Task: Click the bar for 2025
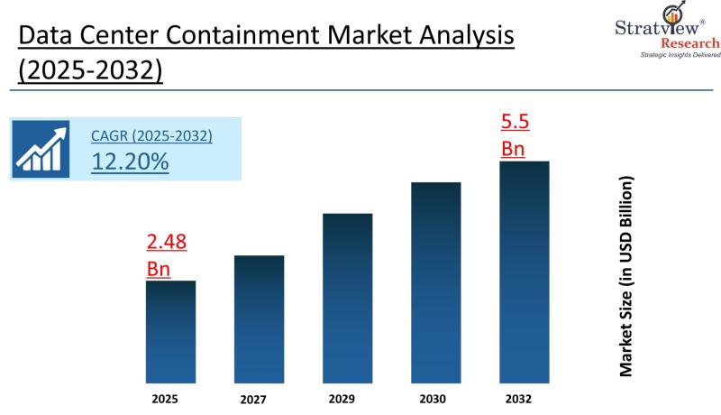pos(170,331)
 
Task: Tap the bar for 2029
pos(347,298)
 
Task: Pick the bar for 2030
pos(435,282)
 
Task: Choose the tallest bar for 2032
pos(524,272)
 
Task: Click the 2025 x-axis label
pos(170,397)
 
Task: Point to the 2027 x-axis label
pos(259,399)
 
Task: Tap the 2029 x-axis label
pos(347,397)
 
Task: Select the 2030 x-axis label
pos(435,399)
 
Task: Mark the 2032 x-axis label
pos(524,397)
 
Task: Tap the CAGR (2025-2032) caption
pos(151,136)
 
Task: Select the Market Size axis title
pos(625,275)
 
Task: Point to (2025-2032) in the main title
pos(90,69)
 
